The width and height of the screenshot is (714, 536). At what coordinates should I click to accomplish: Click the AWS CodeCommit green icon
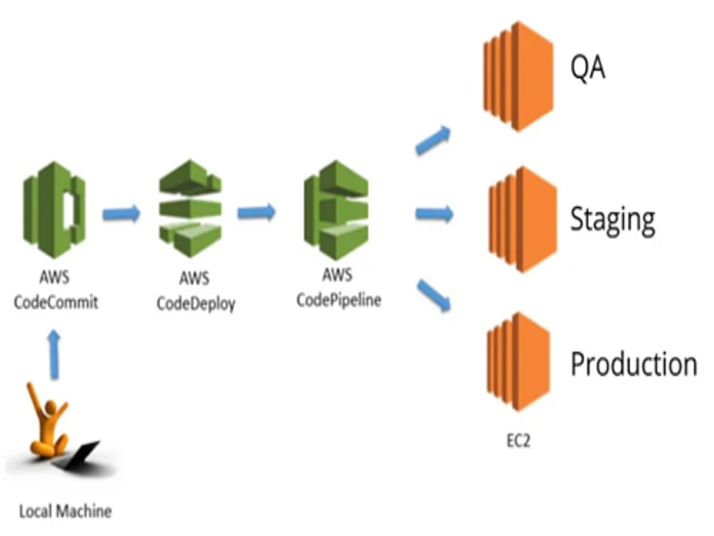tap(54, 210)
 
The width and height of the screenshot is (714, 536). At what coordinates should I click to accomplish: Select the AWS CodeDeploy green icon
tap(191, 208)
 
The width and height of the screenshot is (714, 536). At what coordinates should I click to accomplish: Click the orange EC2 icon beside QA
tap(518, 76)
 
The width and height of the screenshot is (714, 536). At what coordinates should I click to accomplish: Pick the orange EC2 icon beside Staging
tap(523, 219)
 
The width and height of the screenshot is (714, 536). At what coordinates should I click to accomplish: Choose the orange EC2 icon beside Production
tap(518, 362)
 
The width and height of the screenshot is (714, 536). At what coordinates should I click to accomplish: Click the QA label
tap(588, 68)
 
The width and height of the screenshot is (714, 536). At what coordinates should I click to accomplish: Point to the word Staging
tap(613, 221)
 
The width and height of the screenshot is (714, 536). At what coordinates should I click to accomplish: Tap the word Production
tap(634, 364)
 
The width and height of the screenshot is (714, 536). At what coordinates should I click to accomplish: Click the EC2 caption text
tap(518, 441)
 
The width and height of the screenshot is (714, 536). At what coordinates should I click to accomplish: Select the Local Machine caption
tap(65, 512)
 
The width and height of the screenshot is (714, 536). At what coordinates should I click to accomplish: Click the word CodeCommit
tap(56, 302)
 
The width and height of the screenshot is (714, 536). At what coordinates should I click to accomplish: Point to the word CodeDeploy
tap(196, 304)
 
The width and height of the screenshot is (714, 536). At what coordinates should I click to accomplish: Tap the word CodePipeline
tap(338, 300)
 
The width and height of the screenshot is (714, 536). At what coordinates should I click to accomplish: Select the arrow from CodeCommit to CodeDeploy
tap(121, 213)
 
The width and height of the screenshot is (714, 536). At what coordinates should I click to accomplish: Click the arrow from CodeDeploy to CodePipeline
tap(257, 212)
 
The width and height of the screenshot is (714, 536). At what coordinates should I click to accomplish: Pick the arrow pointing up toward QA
tap(433, 140)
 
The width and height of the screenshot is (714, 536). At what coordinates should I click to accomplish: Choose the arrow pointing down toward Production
tap(433, 295)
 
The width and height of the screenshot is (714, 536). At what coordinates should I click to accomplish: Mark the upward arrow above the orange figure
tap(54, 354)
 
